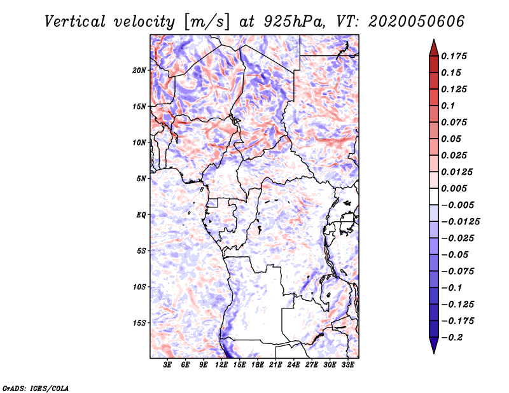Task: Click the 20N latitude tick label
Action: pos(139,71)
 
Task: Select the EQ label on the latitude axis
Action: pos(141,215)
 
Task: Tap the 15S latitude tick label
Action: pos(139,323)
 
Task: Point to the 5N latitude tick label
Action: pos(141,179)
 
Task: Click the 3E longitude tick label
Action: pos(167,364)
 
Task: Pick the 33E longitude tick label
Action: pos(347,364)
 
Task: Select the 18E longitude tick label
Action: pos(258,364)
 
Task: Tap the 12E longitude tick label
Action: pos(221,364)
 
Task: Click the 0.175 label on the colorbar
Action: pos(454,56)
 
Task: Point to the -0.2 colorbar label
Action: pos(452,338)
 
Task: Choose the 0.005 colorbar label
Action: pos(454,188)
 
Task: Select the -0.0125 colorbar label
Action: pos(460,222)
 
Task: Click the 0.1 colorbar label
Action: pos(448,106)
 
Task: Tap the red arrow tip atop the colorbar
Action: pos(434,39)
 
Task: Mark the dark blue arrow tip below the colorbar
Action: pos(434,353)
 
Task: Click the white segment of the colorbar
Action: pos(434,197)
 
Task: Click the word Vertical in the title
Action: pos(75,22)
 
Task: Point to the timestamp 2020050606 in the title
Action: pos(417,22)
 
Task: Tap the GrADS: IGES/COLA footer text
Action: pos(36,389)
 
